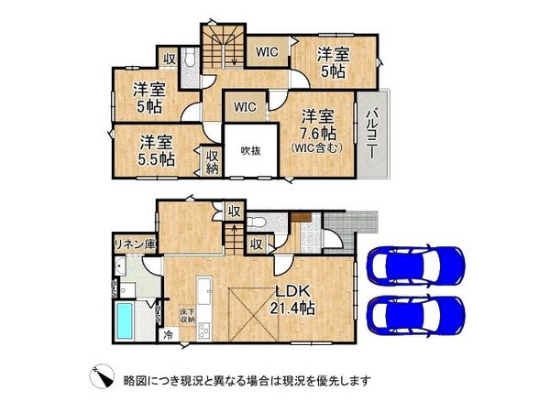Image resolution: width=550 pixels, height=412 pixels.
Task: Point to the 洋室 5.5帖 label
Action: pyautogui.click(x=158, y=150)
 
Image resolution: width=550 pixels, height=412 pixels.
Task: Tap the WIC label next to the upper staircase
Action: pyautogui.click(x=267, y=51)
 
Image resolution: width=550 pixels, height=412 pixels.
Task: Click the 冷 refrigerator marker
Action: pyautogui.click(x=168, y=335)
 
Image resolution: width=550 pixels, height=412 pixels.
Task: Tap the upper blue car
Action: pyautogui.click(x=413, y=266)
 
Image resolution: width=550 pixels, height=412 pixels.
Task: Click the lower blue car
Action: pyautogui.click(x=413, y=315)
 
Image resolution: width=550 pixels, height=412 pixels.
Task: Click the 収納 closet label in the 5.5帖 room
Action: pyautogui.click(x=212, y=163)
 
